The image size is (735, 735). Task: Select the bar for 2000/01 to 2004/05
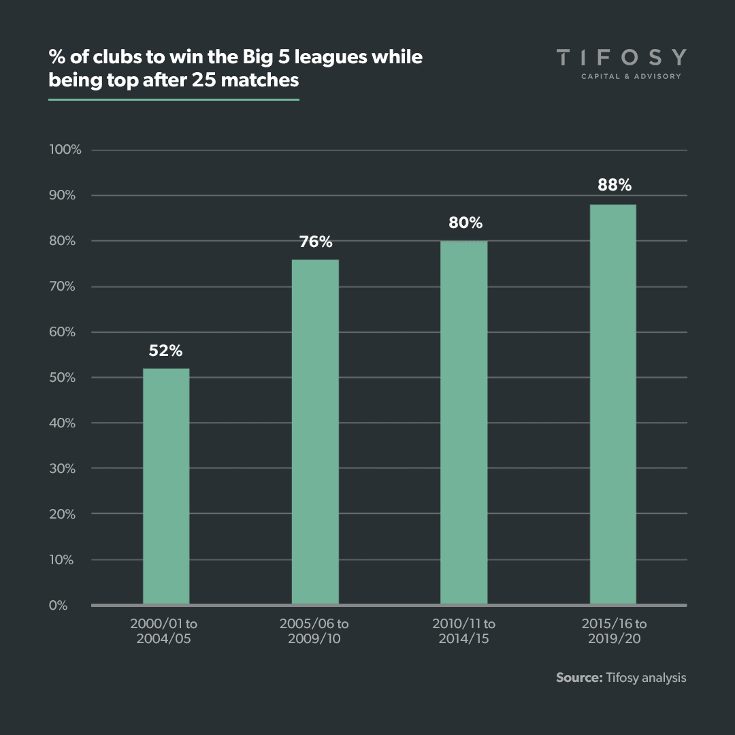(166, 487)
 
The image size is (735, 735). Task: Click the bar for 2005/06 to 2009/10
(315, 432)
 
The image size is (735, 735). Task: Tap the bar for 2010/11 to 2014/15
(463, 423)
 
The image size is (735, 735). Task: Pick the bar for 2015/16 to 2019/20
(612, 404)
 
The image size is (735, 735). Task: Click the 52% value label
(166, 351)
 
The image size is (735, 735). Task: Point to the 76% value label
(315, 242)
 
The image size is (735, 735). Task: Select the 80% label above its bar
(465, 223)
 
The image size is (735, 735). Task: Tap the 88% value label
(615, 185)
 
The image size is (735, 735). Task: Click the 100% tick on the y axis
(65, 150)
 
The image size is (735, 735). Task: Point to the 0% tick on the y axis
(59, 605)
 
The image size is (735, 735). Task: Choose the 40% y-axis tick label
(62, 423)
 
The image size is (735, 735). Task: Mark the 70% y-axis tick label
(62, 287)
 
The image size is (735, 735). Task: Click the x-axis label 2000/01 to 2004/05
(166, 631)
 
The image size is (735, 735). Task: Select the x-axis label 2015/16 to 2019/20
(614, 631)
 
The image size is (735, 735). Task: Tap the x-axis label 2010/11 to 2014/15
(464, 631)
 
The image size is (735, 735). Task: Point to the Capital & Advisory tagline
(630, 76)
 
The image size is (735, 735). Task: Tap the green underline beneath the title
(174, 99)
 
